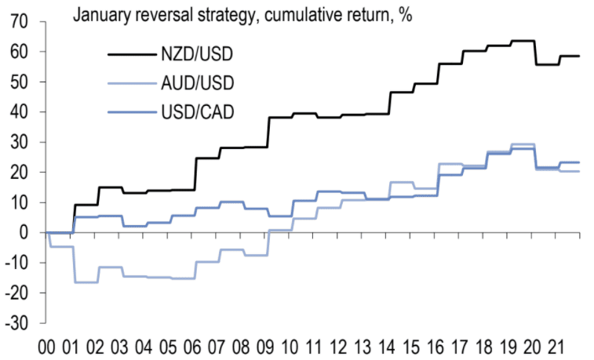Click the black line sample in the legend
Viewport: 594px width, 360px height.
click(x=130, y=53)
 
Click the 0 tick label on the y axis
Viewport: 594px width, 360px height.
click(x=24, y=233)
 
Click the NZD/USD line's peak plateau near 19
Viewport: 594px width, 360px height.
click(x=523, y=41)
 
